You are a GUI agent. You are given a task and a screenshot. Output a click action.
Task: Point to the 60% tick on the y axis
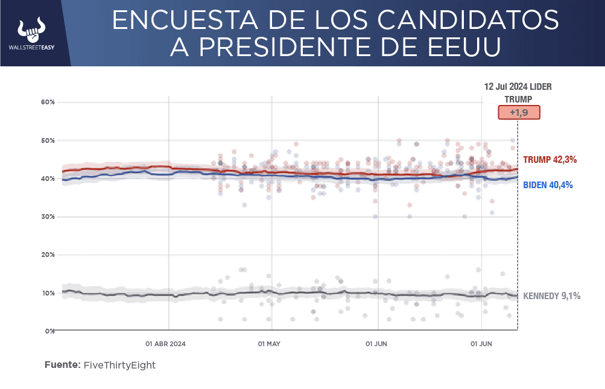48,102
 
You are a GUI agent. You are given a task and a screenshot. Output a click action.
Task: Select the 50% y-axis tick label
48,141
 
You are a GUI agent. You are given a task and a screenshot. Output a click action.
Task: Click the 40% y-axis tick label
48,179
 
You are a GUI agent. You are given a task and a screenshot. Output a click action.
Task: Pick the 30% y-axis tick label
48,217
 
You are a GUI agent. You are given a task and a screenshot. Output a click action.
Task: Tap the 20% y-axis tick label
48,255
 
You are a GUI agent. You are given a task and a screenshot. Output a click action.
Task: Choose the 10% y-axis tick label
48,293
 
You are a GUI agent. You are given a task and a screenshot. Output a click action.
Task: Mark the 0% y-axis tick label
50,331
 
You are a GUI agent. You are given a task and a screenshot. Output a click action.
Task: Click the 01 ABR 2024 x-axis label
165,344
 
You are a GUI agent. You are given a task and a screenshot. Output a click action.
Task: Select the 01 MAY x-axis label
269,344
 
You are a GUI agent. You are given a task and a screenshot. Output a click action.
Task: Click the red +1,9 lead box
518,113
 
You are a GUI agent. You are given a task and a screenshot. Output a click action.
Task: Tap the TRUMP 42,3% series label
550,160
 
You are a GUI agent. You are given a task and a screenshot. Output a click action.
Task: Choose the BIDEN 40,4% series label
548,185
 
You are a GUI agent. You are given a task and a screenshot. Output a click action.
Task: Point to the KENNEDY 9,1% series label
551,296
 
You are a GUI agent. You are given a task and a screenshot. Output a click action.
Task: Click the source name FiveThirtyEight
119,365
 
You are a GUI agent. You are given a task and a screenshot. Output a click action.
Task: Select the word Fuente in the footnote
62,365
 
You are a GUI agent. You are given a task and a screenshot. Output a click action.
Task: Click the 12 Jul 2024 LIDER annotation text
518,87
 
